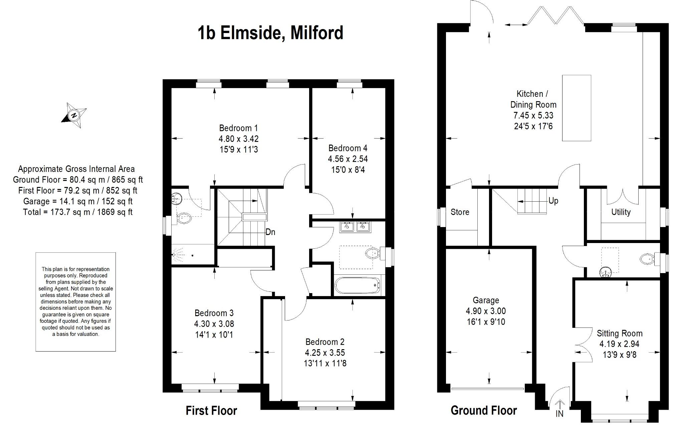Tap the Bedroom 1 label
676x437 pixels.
pos(238,128)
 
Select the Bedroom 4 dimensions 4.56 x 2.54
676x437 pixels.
pos(348,159)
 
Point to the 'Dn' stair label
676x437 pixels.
pos(270,232)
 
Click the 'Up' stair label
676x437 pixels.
pos(553,201)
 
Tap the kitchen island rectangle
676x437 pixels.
pos(576,108)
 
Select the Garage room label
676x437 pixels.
pos(486,300)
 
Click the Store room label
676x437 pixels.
pos(460,212)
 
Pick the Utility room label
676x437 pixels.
pos(621,212)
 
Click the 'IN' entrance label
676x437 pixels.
pos(559,414)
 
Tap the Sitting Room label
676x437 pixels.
pos(620,333)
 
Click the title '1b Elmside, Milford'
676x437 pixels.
pos(270,33)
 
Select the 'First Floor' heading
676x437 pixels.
pos(211,411)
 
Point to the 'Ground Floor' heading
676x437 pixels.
pos(484,410)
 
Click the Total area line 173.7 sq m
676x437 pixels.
pos(78,212)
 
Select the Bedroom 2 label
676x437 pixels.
pos(325,342)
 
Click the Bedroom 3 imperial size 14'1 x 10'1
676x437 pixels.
pos(214,335)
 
